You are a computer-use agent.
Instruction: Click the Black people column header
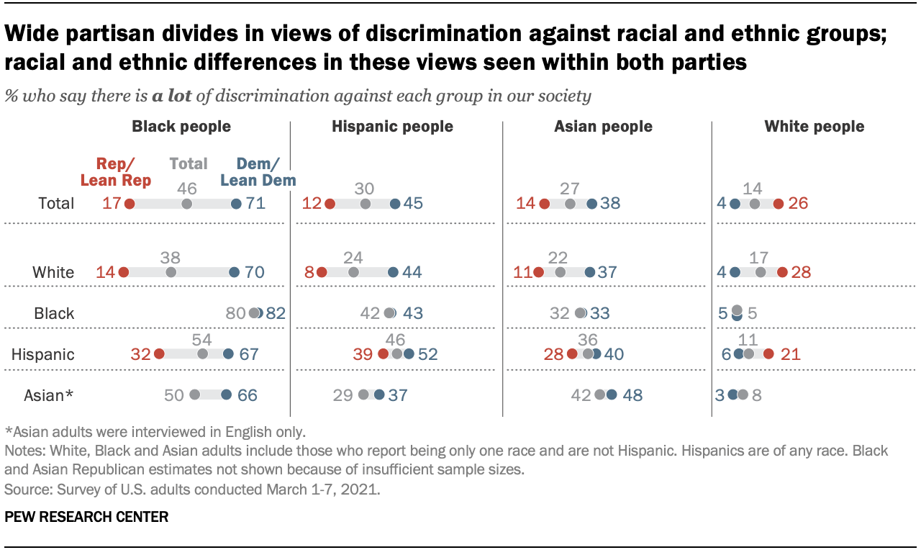click(181, 127)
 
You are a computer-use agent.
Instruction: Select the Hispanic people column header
click(392, 127)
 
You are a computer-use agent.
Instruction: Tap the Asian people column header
click(603, 127)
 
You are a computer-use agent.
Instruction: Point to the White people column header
click(814, 127)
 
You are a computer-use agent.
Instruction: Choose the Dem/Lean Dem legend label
click(258, 172)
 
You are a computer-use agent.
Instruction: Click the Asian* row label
click(49, 395)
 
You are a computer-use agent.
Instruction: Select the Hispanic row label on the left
click(43, 354)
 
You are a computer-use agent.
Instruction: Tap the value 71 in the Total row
click(255, 204)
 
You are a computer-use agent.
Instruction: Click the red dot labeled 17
click(130, 204)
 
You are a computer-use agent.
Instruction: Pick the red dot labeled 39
click(383, 353)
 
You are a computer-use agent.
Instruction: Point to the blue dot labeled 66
click(226, 395)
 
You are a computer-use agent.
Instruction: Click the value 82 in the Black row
click(276, 313)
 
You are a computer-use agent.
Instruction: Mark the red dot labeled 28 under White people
click(781, 272)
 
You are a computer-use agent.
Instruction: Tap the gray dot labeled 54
click(203, 353)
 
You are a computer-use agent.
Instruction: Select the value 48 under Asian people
click(631, 395)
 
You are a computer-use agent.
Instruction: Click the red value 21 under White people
click(790, 354)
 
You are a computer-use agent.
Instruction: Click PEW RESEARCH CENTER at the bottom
click(86, 516)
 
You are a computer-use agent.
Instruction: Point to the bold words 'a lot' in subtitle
click(170, 96)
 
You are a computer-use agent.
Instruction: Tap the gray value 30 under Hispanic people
click(365, 188)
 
